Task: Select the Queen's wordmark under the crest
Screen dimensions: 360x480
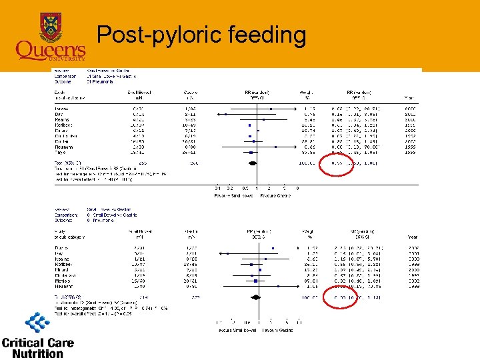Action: click(x=51, y=50)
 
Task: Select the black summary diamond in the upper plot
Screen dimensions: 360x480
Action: click(x=252, y=163)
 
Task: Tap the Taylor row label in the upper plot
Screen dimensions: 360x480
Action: click(x=61, y=153)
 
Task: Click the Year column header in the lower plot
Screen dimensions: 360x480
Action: click(x=413, y=237)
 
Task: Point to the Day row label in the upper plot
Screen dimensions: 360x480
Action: click(x=59, y=115)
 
